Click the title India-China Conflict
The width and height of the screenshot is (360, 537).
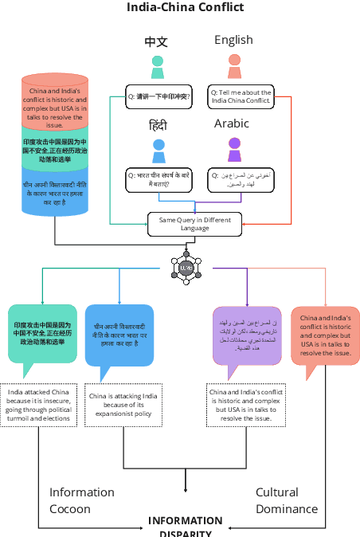[186, 8]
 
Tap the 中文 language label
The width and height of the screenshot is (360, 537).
[156, 41]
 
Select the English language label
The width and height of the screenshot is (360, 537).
[233, 40]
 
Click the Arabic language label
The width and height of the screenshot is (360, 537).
[231, 123]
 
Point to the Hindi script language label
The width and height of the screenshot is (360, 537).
[158, 125]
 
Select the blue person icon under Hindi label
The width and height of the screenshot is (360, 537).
[158, 150]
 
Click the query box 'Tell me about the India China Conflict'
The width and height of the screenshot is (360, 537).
[241, 96]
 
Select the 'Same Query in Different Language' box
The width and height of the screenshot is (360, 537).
[194, 224]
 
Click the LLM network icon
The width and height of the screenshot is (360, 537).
[186, 268]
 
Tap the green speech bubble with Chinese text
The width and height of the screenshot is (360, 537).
[42, 334]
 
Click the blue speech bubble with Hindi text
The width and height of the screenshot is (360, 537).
[119, 335]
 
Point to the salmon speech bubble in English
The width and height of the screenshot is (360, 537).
[325, 335]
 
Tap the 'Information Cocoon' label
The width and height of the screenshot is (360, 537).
[82, 500]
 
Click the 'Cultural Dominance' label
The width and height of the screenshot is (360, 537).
[286, 500]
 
